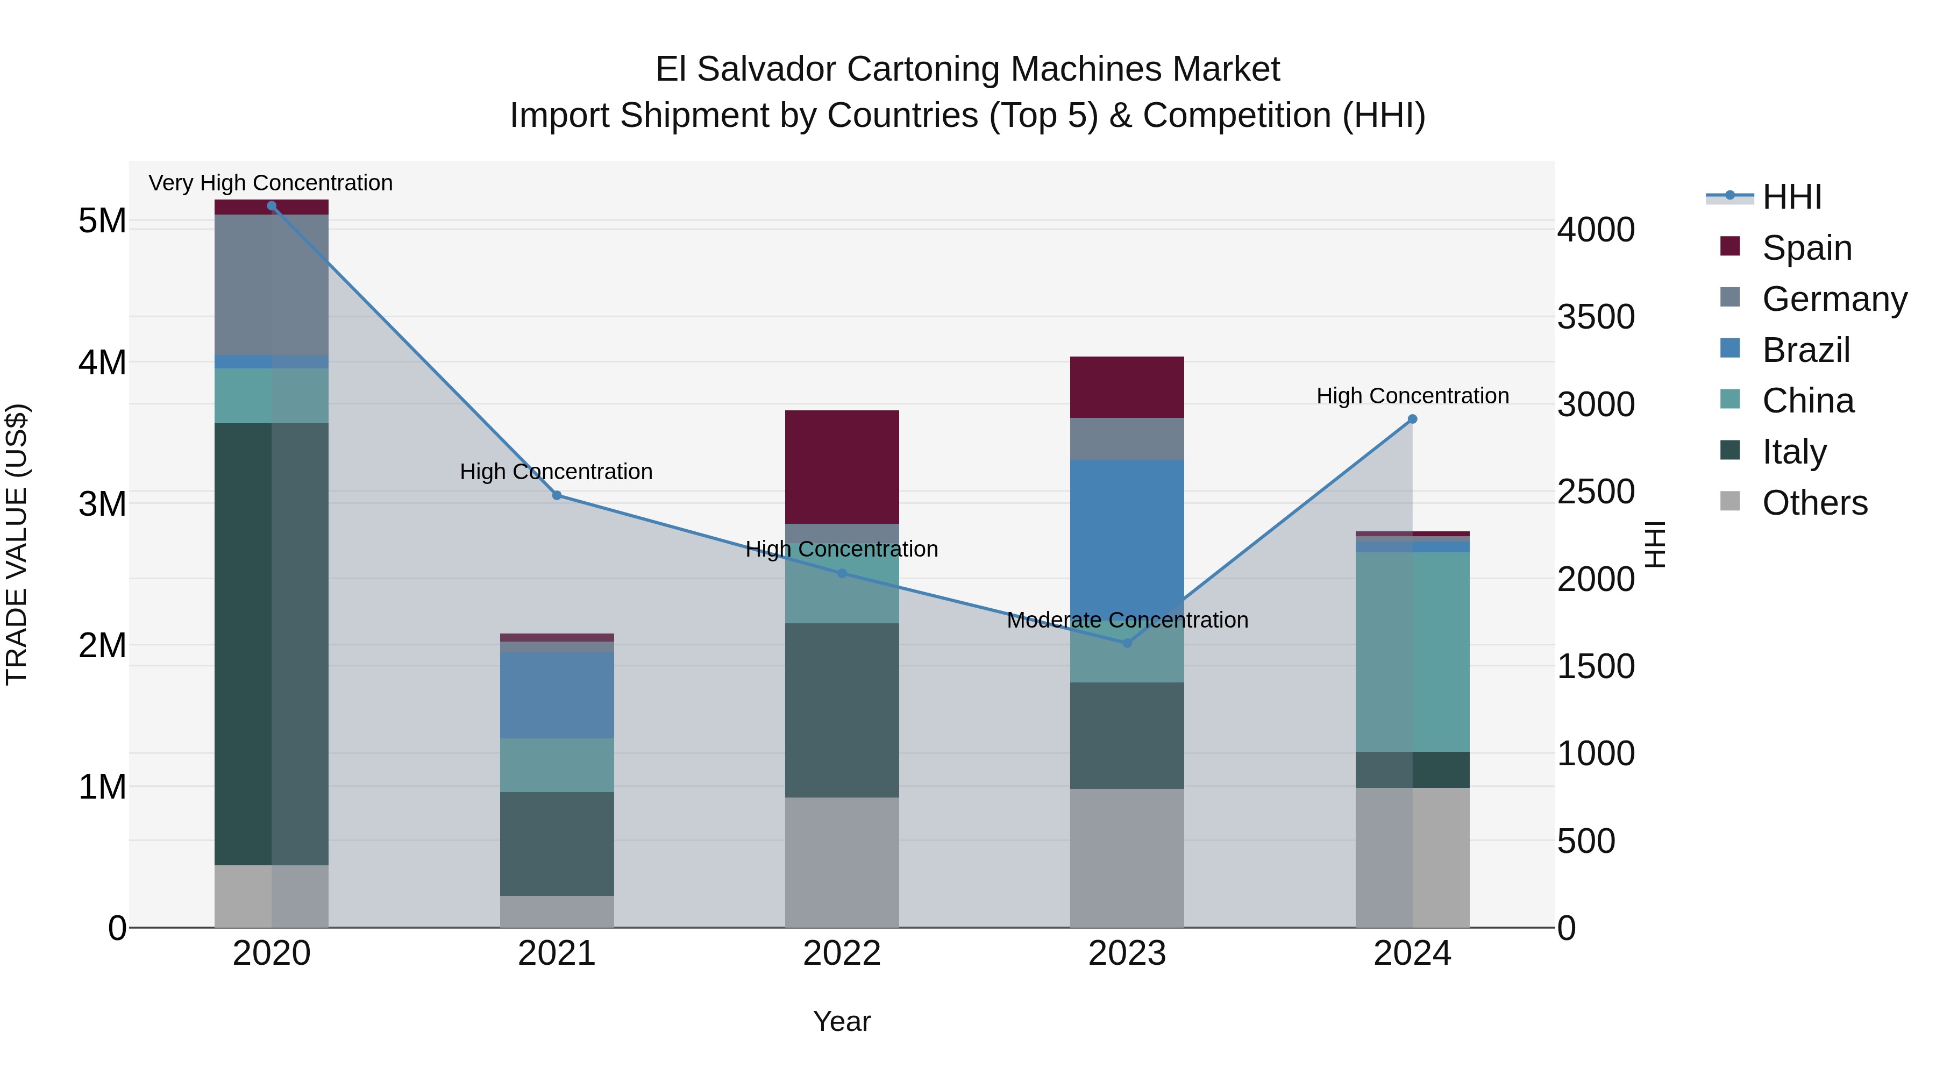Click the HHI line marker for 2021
(557, 495)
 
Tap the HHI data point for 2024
(1412, 419)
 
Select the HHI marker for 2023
(1127, 643)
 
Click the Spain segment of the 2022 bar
(842, 467)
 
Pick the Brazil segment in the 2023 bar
(1127, 533)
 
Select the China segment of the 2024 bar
(1412, 652)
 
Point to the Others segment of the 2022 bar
(842, 862)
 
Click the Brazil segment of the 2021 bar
(557, 695)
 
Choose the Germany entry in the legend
(1834, 299)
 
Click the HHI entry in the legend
(1792, 197)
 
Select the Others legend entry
(1814, 503)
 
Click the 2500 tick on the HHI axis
(1596, 492)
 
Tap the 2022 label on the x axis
(842, 953)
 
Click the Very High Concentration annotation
(271, 183)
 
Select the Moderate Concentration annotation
(1127, 620)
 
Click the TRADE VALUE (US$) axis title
(17, 544)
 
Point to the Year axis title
(842, 1021)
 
